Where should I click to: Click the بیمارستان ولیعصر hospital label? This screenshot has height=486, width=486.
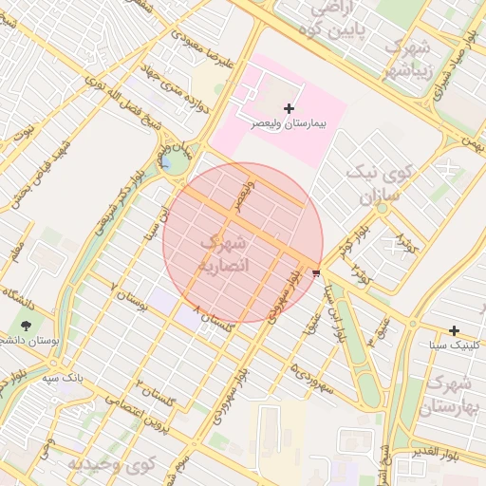coord(288,124)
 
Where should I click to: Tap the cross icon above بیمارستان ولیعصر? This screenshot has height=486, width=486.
coord(289,109)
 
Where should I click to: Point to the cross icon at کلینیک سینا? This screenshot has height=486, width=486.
coord(456,330)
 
